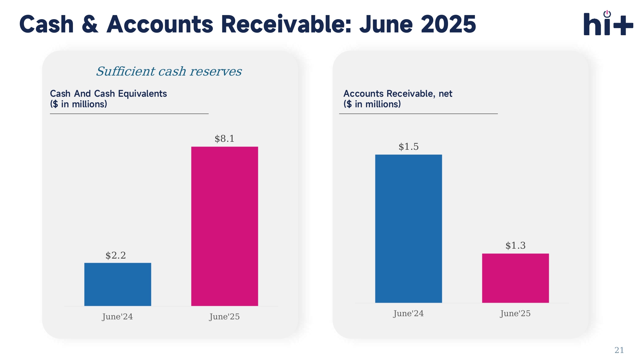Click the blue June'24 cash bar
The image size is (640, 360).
[x=118, y=284]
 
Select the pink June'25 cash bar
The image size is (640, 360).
[x=225, y=226]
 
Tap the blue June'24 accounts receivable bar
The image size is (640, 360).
[x=408, y=228]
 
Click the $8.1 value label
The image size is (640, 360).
[x=225, y=139]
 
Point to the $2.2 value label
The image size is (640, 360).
[x=116, y=255]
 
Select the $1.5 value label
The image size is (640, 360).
[x=408, y=147]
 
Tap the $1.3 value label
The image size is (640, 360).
[x=515, y=245]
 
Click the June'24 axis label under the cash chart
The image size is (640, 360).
[x=117, y=316]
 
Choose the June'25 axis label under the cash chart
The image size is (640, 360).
[x=224, y=316]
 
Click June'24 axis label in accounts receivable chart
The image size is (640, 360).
[x=408, y=313]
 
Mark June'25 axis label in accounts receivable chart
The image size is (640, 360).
[x=515, y=313]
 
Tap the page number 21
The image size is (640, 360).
[x=619, y=350]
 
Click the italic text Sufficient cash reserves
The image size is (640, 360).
[x=169, y=71]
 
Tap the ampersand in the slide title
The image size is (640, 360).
[x=90, y=24]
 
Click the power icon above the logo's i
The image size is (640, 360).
[x=607, y=14]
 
